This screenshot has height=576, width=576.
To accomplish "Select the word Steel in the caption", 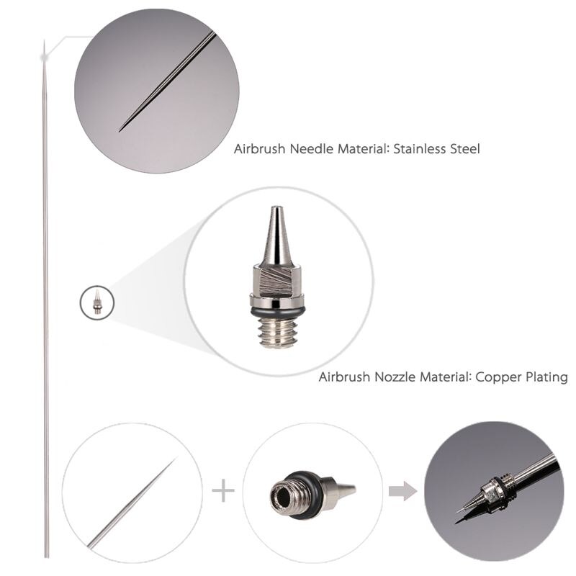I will click(462, 150).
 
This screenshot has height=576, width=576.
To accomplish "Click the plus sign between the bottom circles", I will click(223, 492).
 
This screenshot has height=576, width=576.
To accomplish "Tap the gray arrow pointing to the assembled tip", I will click(402, 492).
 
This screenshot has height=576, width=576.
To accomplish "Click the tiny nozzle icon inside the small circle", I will click(97, 302).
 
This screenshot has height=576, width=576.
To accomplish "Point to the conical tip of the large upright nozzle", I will click(276, 234).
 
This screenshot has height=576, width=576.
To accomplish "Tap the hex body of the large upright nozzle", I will click(277, 282).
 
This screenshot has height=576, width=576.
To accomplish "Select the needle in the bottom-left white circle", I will click(133, 502).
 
